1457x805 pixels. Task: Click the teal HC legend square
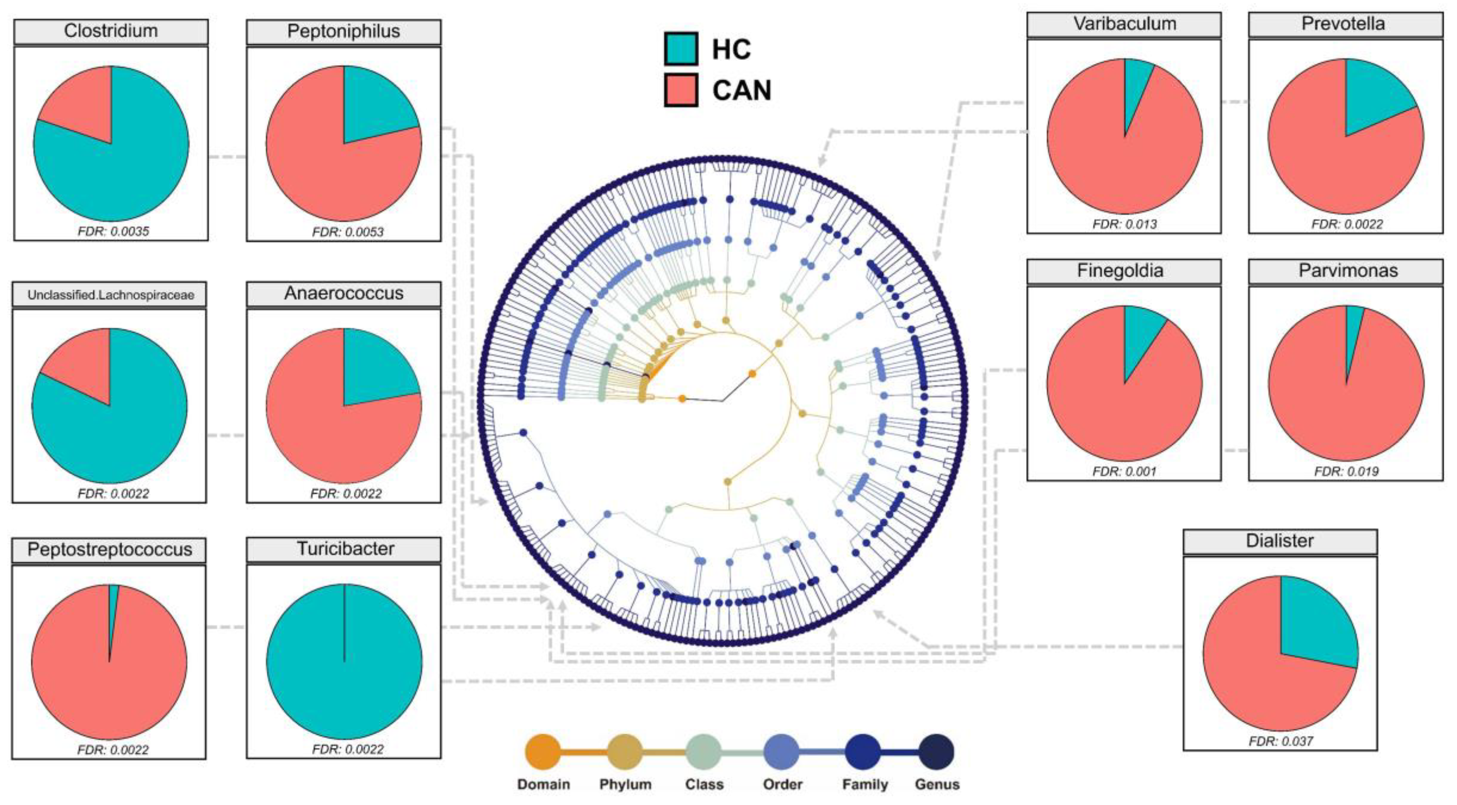point(680,49)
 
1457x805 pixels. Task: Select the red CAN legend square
point(680,90)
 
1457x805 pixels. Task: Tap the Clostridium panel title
point(111,31)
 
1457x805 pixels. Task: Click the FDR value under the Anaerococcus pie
point(345,493)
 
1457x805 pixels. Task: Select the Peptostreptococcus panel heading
point(109,549)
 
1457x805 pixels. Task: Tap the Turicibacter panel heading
point(345,549)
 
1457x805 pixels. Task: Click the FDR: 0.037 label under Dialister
point(1280,741)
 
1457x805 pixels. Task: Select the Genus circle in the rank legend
point(936,752)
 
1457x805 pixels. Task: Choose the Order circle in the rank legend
point(781,752)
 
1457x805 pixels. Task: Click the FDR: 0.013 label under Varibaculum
point(1124,224)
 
